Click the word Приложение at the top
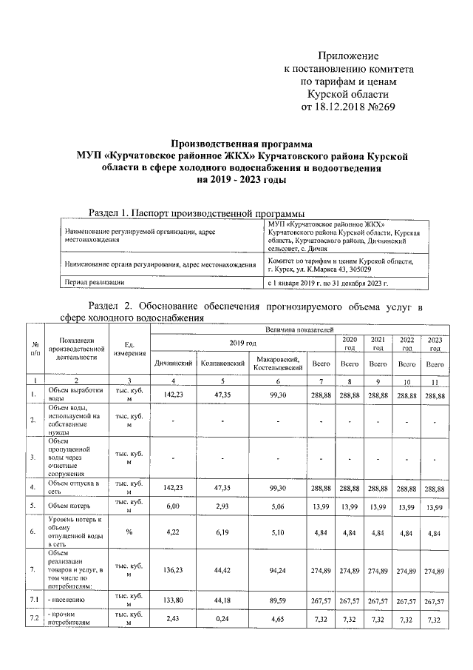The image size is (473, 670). (347, 56)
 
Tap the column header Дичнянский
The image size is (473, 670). (174, 364)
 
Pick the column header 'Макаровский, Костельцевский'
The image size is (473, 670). (277, 364)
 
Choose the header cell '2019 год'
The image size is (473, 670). (242, 343)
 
